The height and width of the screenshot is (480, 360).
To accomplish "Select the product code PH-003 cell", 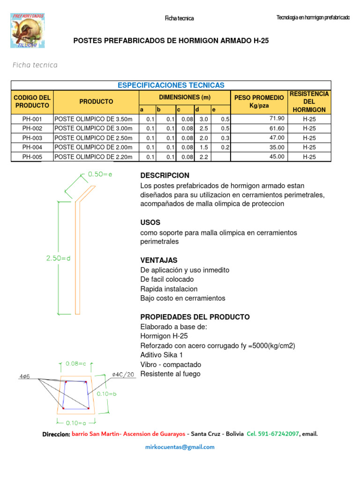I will (32, 138).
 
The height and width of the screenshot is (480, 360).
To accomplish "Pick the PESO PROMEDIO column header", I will (259, 102).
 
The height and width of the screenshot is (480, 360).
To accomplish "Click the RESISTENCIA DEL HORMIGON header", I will (309, 102).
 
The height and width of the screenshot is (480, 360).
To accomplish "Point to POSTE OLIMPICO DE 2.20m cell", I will (94, 157).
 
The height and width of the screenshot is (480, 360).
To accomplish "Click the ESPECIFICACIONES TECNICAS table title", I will (171, 85).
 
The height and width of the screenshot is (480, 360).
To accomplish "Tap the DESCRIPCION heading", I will (165, 175).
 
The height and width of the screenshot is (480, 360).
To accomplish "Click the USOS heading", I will (150, 222).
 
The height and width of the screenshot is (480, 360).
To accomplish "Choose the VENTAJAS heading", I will (159, 260).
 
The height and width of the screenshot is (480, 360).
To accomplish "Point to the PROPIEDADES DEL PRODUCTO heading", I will (195, 317).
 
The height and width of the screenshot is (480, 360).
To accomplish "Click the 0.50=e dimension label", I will (100, 174).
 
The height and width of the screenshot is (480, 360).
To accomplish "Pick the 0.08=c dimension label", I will (76, 363).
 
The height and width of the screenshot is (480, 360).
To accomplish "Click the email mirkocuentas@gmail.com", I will (180, 447).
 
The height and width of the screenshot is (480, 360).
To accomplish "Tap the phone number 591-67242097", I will (280, 434).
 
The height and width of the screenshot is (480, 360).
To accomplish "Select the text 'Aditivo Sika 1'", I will (162, 355).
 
